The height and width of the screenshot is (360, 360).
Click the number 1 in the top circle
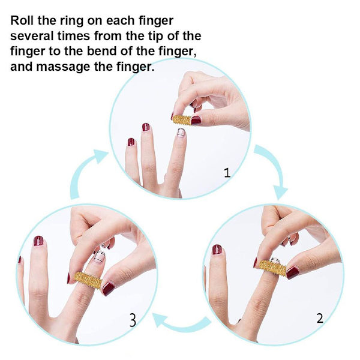tap(227, 173)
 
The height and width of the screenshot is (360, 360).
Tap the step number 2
tap(320, 318)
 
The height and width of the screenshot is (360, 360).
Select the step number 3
tap(133, 320)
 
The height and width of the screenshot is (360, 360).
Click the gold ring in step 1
tap(181, 120)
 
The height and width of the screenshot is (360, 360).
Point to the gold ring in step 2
tap(273, 268)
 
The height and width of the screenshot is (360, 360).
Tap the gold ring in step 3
tap(88, 280)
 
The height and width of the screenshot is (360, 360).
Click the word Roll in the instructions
tap(22, 20)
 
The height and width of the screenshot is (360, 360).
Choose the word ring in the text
tap(71, 21)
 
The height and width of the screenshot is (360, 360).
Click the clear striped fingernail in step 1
tap(181, 133)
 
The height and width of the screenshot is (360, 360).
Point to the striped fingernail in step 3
tap(100, 256)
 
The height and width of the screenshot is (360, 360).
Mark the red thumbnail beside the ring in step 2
tap(293, 272)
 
